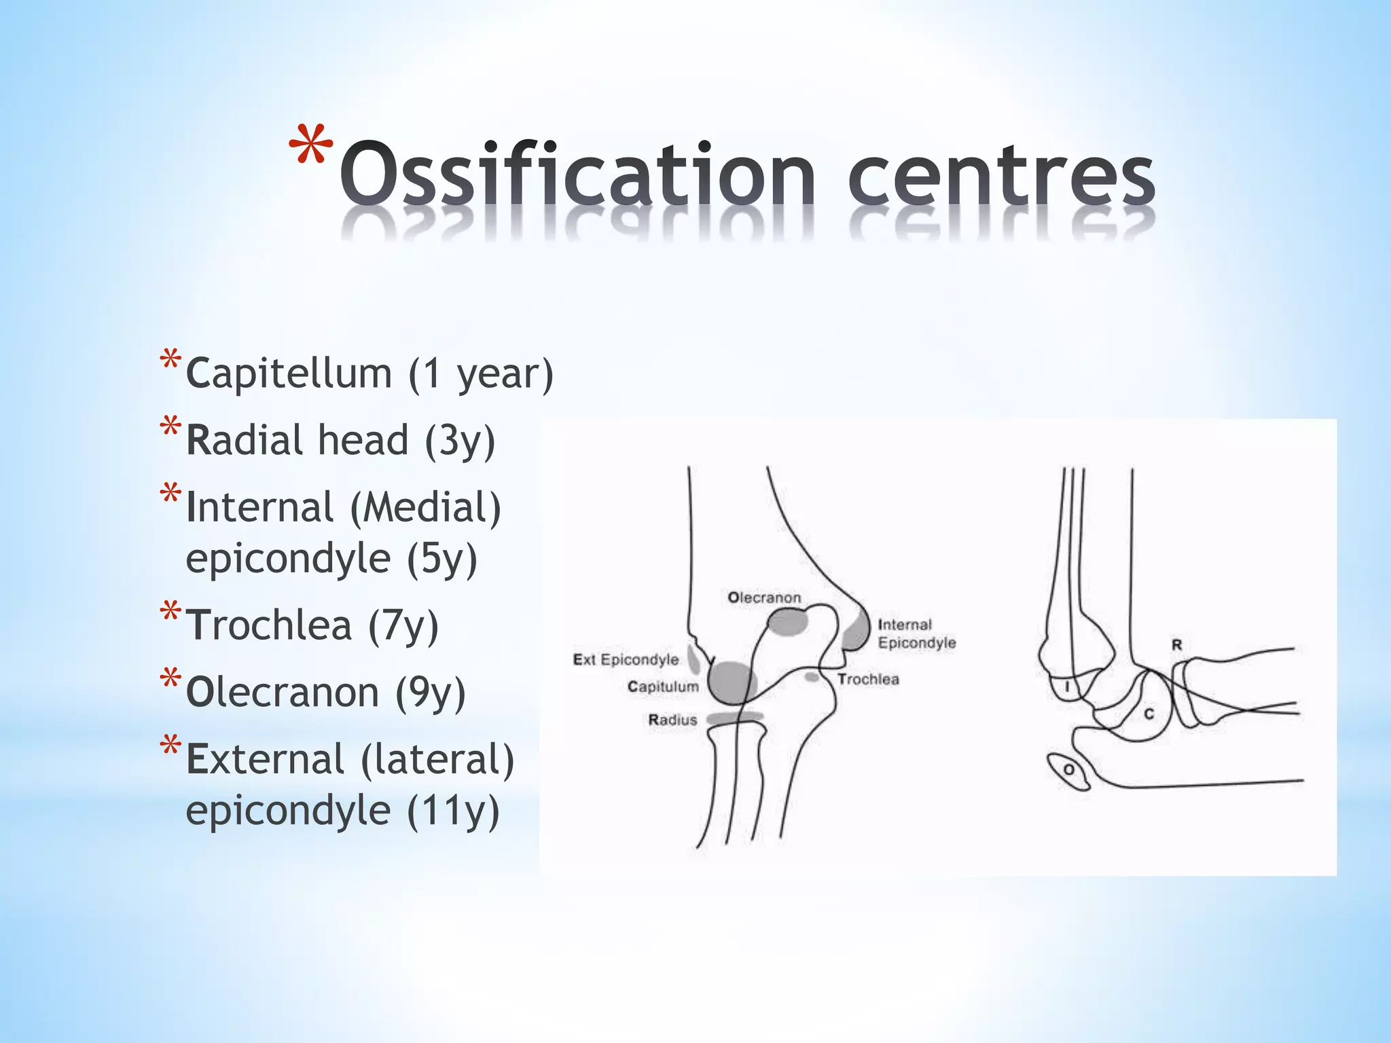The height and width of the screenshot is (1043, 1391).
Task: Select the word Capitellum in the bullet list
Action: point(289,373)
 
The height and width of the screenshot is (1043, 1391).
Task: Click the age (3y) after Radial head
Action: point(460,441)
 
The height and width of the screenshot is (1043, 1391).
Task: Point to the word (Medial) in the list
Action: point(426,508)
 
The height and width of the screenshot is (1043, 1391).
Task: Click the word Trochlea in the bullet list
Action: point(269,625)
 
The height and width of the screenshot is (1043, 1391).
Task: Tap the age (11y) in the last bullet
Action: point(453,811)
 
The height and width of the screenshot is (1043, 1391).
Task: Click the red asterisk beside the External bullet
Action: point(170,748)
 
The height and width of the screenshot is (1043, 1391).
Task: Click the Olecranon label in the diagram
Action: point(764,598)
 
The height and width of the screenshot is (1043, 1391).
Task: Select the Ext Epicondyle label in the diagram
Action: point(626,659)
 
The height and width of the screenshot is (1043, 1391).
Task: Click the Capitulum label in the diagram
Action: point(663,687)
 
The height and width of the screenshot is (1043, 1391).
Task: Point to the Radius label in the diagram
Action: point(672,720)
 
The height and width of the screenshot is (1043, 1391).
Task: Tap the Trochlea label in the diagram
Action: point(868,679)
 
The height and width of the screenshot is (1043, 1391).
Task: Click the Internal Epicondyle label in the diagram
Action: point(916,634)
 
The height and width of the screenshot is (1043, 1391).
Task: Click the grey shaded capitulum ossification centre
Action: point(732,682)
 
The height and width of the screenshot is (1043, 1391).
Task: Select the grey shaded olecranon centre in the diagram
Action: point(788,621)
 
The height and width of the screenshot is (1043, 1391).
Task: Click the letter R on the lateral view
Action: point(1176,644)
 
